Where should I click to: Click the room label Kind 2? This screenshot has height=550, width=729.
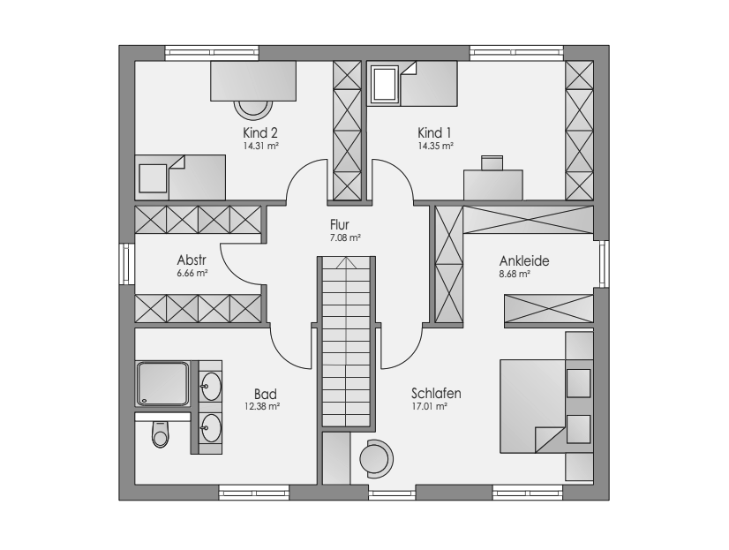(x=260, y=132)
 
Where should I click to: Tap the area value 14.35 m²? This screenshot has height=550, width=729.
(x=435, y=146)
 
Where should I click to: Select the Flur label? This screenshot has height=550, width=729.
(x=340, y=224)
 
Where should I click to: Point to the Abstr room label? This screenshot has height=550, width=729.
(x=192, y=260)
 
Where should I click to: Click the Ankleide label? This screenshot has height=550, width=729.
(x=524, y=260)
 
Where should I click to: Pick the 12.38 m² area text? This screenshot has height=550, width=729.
(x=262, y=406)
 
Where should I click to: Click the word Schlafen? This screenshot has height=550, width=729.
(x=436, y=394)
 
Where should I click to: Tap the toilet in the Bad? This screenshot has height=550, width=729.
(x=161, y=434)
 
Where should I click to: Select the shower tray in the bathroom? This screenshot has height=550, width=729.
(x=162, y=384)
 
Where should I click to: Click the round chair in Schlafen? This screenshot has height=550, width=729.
(x=376, y=459)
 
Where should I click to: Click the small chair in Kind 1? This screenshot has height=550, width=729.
(x=492, y=163)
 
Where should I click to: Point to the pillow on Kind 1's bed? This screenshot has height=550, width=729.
(x=384, y=84)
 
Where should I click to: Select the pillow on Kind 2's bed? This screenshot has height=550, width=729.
(x=153, y=178)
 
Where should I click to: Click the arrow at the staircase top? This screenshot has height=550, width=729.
(x=346, y=262)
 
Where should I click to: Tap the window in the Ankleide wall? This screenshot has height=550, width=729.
(x=604, y=264)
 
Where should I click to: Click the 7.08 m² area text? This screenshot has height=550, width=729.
(x=345, y=237)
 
